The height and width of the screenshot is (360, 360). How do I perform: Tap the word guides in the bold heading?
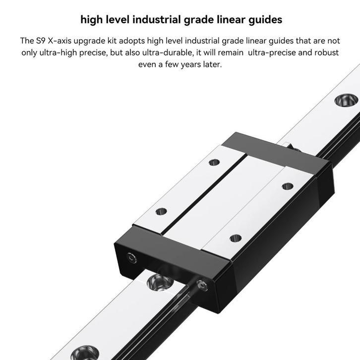point(264,20)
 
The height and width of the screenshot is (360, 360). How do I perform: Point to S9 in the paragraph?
point(42,40)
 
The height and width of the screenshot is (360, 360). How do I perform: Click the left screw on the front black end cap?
point(130,257)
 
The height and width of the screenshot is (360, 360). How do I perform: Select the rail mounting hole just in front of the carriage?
point(159,282)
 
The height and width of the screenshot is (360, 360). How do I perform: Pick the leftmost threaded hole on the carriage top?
point(161,211)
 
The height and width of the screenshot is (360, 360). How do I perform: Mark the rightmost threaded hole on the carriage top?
point(287,186)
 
